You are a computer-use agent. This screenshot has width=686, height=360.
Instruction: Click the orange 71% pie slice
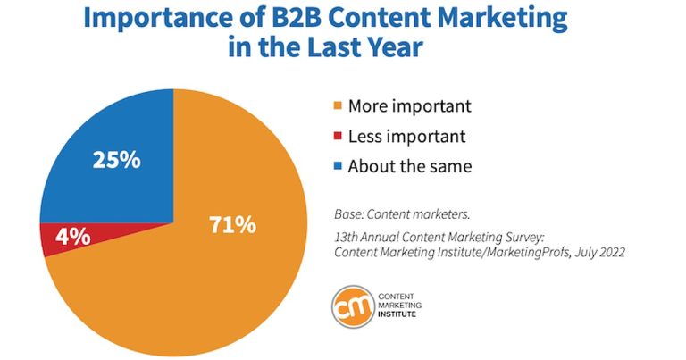(205, 268)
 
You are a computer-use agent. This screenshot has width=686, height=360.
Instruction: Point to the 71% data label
(234, 224)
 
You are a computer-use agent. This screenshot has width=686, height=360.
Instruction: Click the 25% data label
(117, 162)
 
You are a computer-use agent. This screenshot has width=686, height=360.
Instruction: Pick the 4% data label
(72, 237)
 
